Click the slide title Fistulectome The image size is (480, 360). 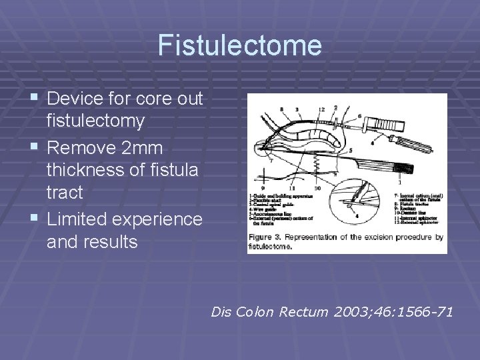(240, 46)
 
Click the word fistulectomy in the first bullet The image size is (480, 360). (95, 121)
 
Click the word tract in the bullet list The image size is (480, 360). (65, 193)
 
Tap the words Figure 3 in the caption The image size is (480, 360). (265, 237)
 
